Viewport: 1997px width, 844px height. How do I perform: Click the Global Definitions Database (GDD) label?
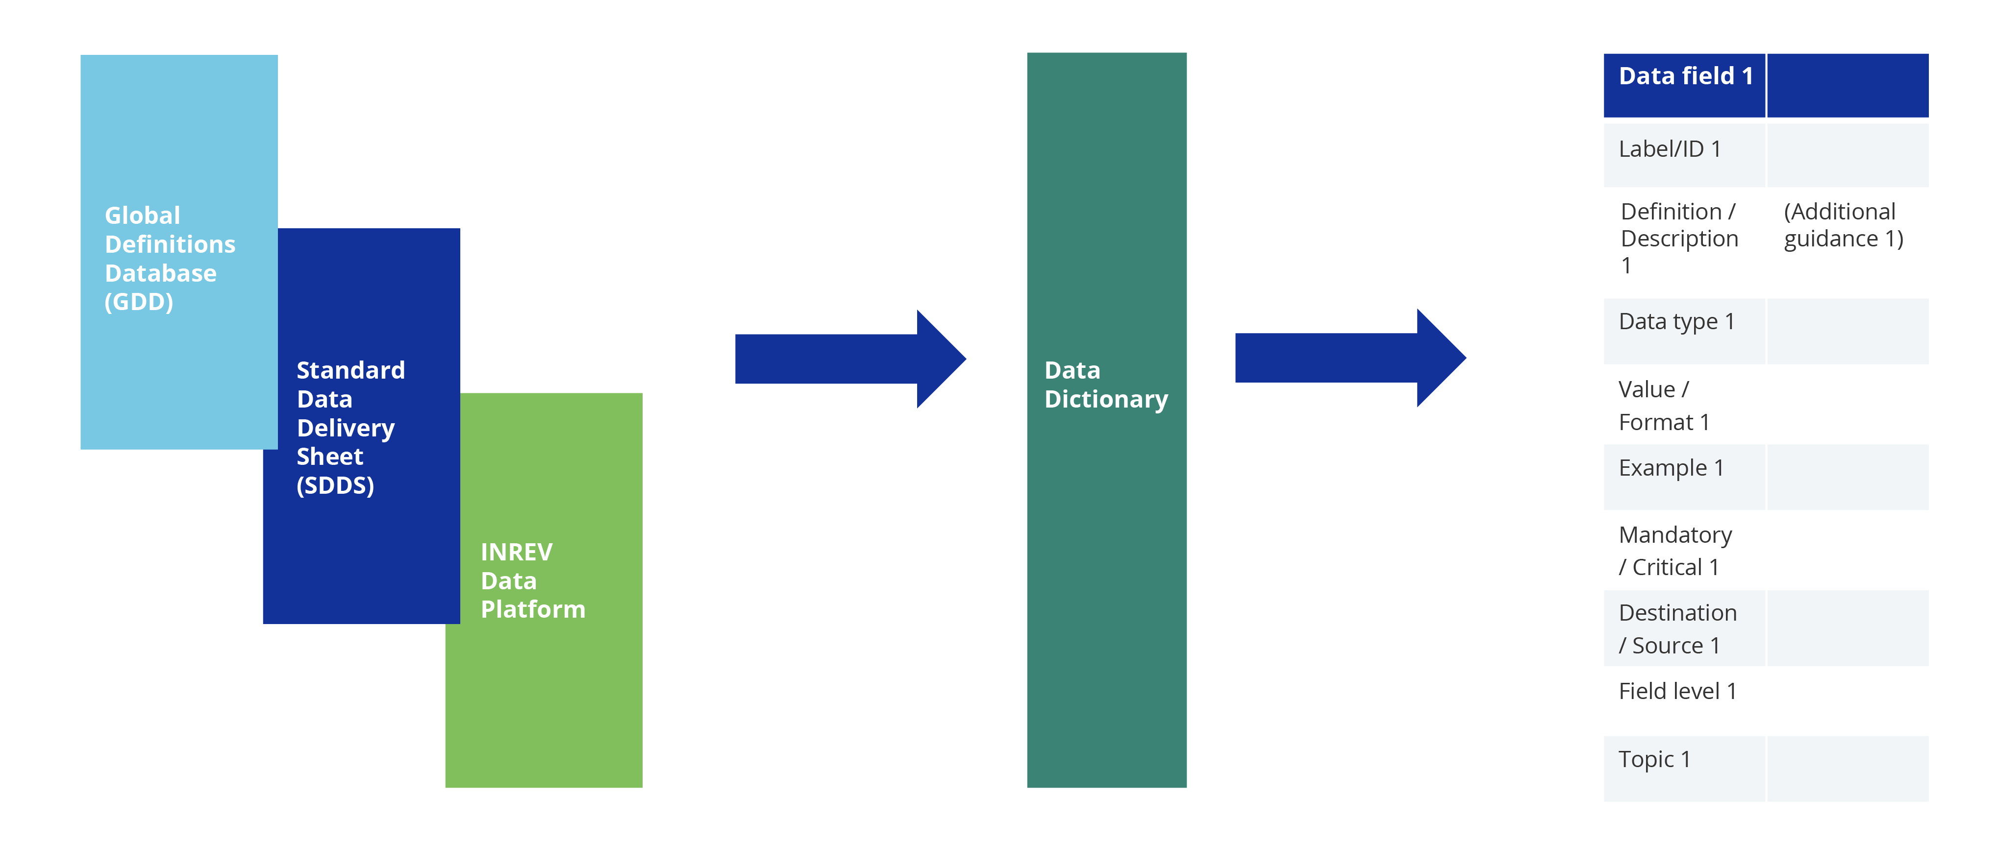(x=169, y=258)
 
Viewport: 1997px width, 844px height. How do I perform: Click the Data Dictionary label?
(x=1105, y=385)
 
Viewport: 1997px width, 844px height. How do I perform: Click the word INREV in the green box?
(x=516, y=552)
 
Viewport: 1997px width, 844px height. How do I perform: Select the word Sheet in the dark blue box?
(x=329, y=457)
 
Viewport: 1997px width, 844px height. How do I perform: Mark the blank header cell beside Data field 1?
(x=1847, y=85)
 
